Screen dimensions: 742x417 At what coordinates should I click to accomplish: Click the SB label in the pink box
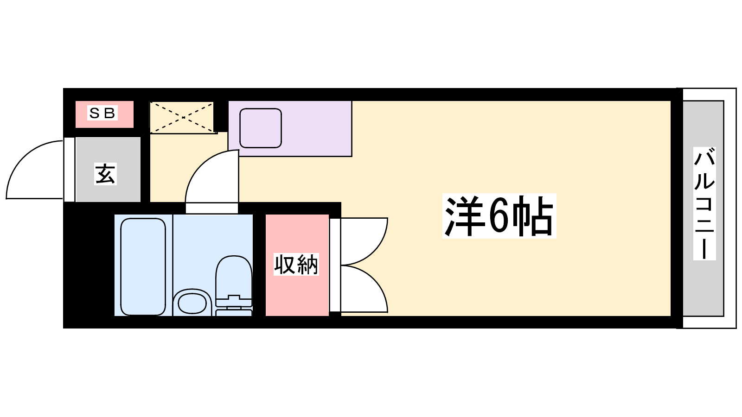coord(102,113)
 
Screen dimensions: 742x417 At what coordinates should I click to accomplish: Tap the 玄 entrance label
coord(105,174)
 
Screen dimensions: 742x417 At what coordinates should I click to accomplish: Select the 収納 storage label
coord(296,265)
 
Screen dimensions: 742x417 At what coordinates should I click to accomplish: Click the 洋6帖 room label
coord(499,216)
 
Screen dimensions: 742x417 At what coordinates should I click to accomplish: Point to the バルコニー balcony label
coord(704,203)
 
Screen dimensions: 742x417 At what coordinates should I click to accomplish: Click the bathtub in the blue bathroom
coord(143,267)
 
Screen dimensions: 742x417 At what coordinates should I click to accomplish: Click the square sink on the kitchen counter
coord(261,128)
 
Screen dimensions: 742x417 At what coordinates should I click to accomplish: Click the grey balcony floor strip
coord(703,208)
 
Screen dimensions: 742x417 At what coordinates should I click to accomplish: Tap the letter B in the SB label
coord(109,113)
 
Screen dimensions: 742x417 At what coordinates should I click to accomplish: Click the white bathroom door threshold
coord(211,208)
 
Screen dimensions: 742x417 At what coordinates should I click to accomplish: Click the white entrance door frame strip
coord(69,170)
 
